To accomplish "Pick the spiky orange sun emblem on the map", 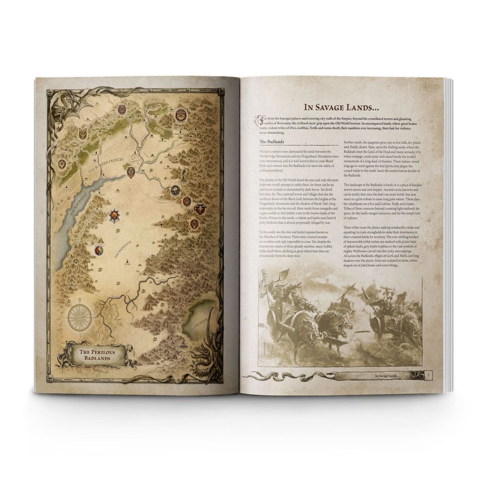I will [114, 215].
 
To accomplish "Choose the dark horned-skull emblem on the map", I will [200, 209].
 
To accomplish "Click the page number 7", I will [429, 375].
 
